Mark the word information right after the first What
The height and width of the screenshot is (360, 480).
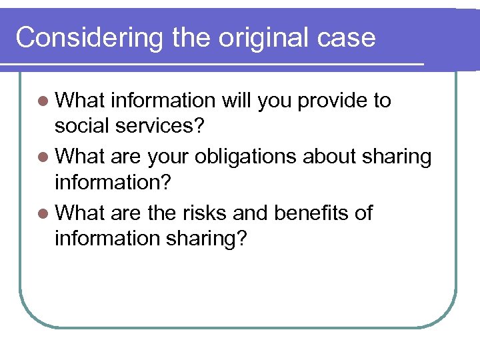click(163, 101)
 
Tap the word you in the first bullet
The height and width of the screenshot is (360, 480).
click(274, 101)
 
